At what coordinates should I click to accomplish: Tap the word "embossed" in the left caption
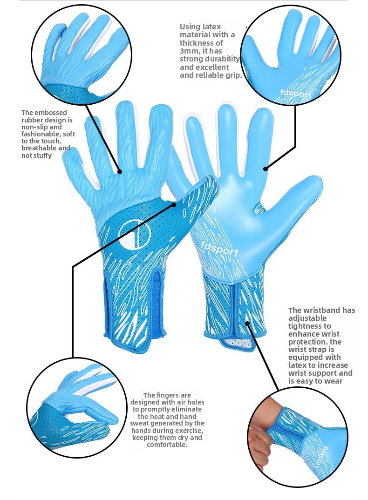[x=51, y=113]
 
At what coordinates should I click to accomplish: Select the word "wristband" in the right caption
[x=322, y=310]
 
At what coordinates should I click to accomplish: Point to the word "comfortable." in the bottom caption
[x=167, y=445]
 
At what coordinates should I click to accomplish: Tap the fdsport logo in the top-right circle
[x=295, y=94]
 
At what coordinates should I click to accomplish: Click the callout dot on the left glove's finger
[x=120, y=172]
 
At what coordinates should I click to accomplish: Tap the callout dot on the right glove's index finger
[x=266, y=169]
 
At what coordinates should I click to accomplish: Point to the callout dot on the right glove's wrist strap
[x=247, y=324]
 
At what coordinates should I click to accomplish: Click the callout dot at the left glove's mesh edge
[x=174, y=204]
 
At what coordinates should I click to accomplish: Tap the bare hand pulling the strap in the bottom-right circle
[x=260, y=439]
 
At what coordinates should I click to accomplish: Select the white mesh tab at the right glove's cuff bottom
[x=238, y=344]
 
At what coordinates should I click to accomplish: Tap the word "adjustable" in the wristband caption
[x=303, y=318]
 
